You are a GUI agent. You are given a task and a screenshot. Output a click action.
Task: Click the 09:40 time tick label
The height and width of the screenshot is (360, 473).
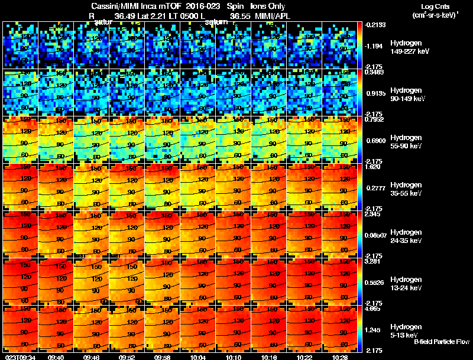(x=57, y=356)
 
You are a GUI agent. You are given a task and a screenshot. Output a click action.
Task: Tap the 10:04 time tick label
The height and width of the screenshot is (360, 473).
(x=199, y=356)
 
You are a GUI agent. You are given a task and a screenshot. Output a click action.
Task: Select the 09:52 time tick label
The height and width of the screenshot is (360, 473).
(x=128, y=356)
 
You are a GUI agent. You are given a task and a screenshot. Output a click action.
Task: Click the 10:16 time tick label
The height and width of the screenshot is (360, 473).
(x=270, y=356)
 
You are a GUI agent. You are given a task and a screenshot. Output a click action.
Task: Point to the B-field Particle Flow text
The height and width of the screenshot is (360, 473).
(x=442, y=342)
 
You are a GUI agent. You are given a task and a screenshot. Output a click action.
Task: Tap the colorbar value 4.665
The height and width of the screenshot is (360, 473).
(x=374, y=309)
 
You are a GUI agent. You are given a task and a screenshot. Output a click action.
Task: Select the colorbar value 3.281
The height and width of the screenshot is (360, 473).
(x=374, y=261)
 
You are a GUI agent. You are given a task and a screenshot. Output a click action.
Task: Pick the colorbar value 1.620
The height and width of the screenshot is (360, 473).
(x=373, y=167)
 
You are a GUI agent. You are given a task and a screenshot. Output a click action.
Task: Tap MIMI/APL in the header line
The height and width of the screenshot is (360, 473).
(x=273, y=16)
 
